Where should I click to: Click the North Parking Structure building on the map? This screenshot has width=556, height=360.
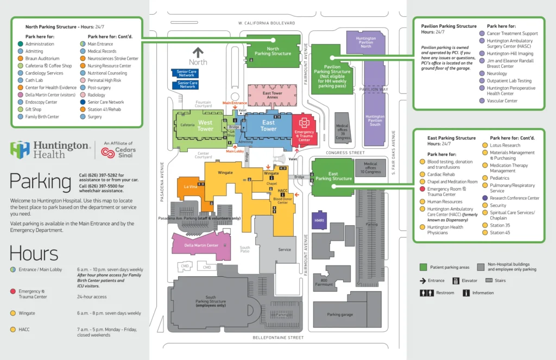[273, 51]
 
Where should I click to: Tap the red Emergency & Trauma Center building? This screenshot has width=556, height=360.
[305, 130]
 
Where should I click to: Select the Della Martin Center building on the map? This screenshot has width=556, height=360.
[201, 245]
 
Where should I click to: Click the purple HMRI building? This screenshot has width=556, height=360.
[319, 220]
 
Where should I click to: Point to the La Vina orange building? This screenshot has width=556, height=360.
[190, 187]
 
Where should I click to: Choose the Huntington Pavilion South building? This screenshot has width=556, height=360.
[375, 121]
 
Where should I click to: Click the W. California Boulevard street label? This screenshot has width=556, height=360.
[267, 23]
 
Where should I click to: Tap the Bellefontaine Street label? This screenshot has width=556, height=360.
[277, 338]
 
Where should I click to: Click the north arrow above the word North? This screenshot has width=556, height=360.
[198, 53]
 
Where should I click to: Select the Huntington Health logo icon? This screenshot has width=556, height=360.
[20, 149]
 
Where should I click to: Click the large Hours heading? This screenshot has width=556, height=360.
[34, 254]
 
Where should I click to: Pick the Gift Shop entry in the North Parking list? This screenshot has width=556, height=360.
[34, 110]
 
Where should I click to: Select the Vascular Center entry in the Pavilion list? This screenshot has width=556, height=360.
[502, 101]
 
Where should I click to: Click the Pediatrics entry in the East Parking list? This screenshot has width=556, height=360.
[500, 178]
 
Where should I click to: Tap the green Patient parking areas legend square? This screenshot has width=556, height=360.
[423, 267]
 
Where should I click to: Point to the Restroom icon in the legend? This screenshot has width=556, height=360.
[426, 293]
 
